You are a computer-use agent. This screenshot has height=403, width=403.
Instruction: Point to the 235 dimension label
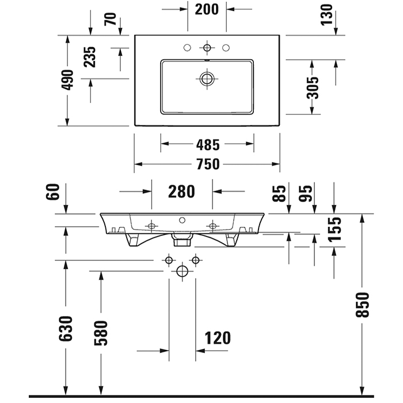pyautogui.click(x=89, y=57)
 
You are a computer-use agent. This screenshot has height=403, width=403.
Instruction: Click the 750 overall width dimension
pyautogui.click(x=207, y=165)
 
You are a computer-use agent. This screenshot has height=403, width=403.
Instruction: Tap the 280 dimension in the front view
pyautogui.click(x=182, y=191)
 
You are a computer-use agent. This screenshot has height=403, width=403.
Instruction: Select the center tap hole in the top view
pyautogui.click(x=207, y=47)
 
